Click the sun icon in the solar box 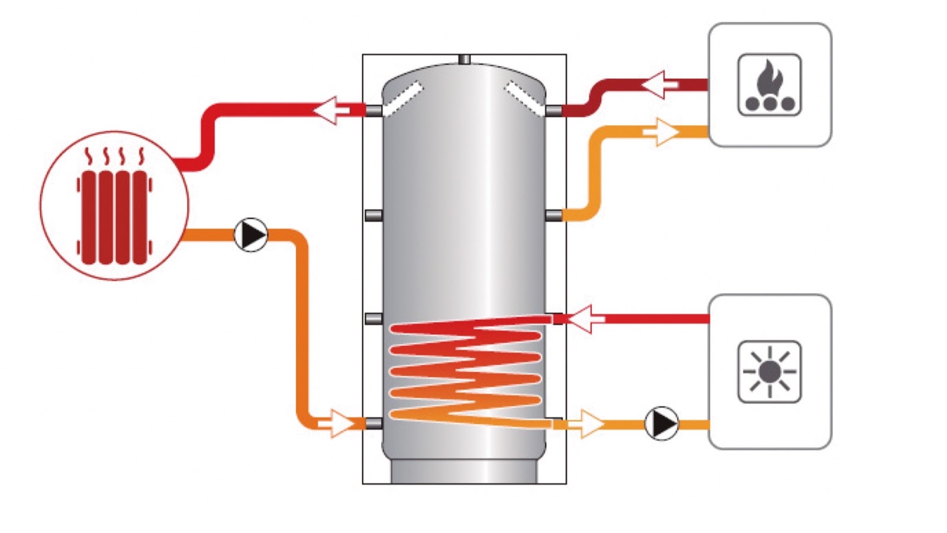pyautogui.click(x=769, y=372)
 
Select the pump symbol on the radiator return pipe pyautogui.click(x=251, y=235)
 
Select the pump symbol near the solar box pyautogui.click(x=661, y=423)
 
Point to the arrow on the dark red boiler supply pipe pyautogui.click(x=660, y=85)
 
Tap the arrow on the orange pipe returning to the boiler pyautogui.click(x=661, y=131)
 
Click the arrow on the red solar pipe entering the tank pyautogui.click(x=582, y=319)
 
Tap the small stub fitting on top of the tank pyautogui.click(x=465, y=59)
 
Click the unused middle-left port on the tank pyautogui.click(x=373, y=215)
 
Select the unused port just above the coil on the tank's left pyautogui.click(x=373, y=319)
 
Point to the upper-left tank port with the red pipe pyautogui.click(x=373, y=110)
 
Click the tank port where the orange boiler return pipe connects pyautogui.click(x=554, y=215)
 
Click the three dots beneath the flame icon pyautogui.click(x=769, y=104)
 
